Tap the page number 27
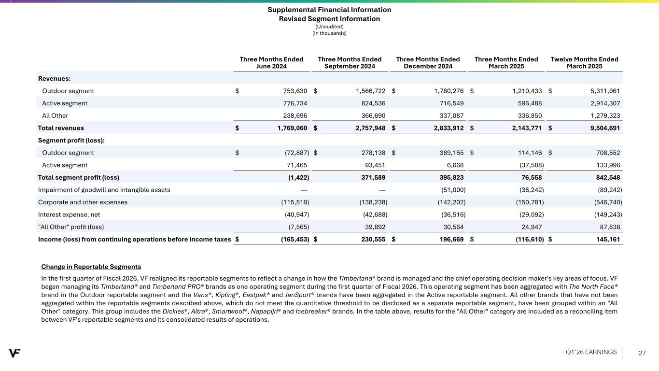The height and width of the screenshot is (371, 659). (x=642, y=353)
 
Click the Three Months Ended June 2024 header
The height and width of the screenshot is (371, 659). (x=271, y=63)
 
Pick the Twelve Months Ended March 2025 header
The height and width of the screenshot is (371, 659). (x=584, y=63)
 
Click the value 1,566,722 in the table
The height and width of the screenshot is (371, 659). (x=368, y=91)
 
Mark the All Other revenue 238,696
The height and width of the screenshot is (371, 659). (x=291, y=116)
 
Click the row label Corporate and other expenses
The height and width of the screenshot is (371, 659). (x=83, y=202)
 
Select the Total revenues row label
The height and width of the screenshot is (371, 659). (x=61, y=128)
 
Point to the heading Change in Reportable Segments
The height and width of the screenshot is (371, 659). (x=91, y=267)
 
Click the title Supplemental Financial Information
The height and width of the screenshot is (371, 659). (x=329, y=10)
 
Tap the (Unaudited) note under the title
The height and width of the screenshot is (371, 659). (x=329, y=27)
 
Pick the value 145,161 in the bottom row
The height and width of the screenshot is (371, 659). (x=606, y=239)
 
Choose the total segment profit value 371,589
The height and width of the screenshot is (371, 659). (x=371, y=177)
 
